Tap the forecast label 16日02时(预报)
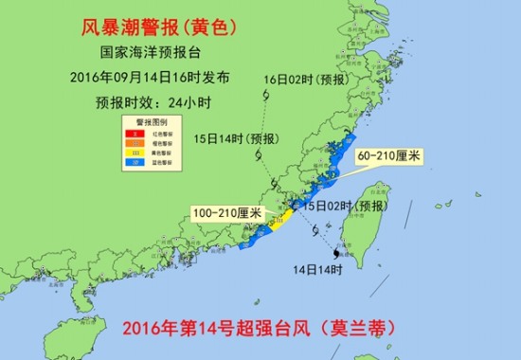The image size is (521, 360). tap(308, 79)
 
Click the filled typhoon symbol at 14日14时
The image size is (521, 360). tap(335, 253)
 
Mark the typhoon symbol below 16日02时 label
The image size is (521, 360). tap(267, 98)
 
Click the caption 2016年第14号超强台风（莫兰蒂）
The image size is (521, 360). tap(257, 329)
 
